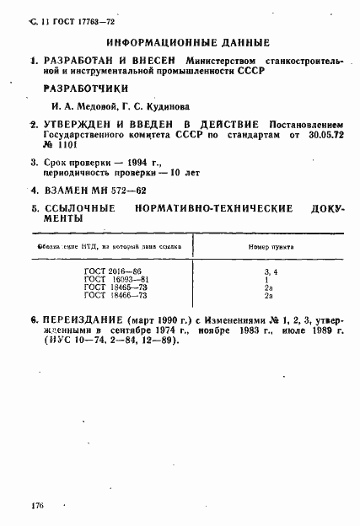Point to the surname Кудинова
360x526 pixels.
(x=169, y=108)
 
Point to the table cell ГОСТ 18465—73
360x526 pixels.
(x=112, y=289)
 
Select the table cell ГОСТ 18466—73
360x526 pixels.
(x=112, y=297)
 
